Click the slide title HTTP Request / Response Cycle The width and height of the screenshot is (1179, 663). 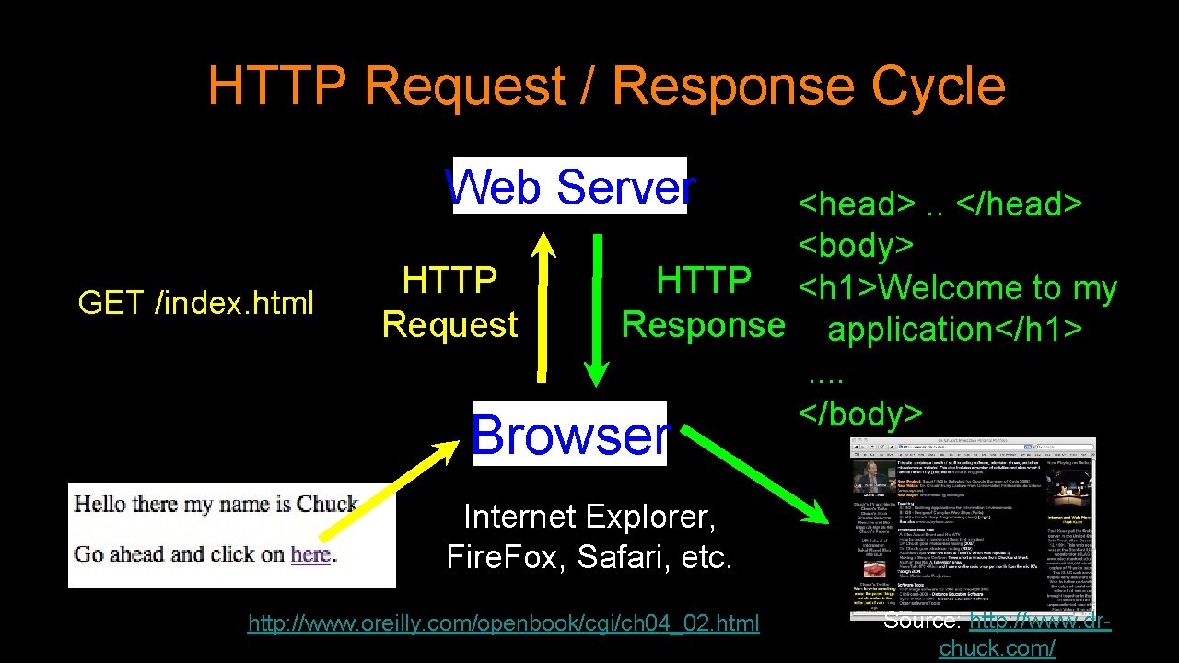tap(606, 87)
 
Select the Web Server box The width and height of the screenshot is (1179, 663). tap(570, 187)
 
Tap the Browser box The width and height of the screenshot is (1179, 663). tap(570, 435)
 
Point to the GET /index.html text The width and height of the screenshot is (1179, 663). tap(196, 302)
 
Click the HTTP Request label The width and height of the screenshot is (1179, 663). tap(449, 302)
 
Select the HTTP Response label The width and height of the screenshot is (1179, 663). tap(704, 302)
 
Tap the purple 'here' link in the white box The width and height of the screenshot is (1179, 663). tap(309, 554)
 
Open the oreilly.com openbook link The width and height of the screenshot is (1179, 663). tap(504, 624)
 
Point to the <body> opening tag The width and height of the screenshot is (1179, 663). tap(856, 246)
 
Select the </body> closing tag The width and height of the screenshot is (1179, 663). tap(860, 413)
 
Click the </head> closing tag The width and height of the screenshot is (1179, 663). tap(1019, 204)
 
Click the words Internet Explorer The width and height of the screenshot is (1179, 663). tap(589, 517)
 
